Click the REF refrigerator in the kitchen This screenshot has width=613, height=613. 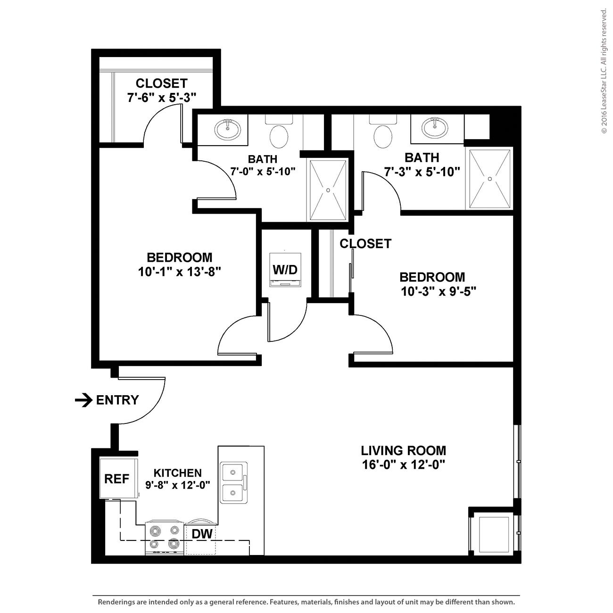tap(119, 478)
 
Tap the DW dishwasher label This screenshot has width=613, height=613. tap(202, 534)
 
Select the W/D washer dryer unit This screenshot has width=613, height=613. tap(285, 270)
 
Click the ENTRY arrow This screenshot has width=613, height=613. tap(84, 400)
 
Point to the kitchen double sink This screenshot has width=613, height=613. tap(234, 482)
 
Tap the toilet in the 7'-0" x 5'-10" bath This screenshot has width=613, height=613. tap(279, 132)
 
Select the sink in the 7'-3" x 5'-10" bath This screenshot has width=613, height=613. tap(435, 128)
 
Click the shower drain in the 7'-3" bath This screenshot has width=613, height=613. tap(490, 179)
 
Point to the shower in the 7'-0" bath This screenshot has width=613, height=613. tap(328, 190)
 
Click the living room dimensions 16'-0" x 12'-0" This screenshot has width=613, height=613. tap(403, 465)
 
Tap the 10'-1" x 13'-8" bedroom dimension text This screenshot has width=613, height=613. tap(179, 272)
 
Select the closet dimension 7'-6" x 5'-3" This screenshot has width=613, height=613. tap(162, 97)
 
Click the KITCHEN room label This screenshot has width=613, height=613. tap(177, 473)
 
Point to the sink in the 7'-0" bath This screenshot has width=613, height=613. tap(228, 130)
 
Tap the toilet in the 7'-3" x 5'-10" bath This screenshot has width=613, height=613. tap(383, 132)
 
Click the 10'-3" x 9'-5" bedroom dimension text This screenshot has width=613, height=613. tap(439, 291)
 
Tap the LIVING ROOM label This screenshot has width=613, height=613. tap(403, 450)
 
